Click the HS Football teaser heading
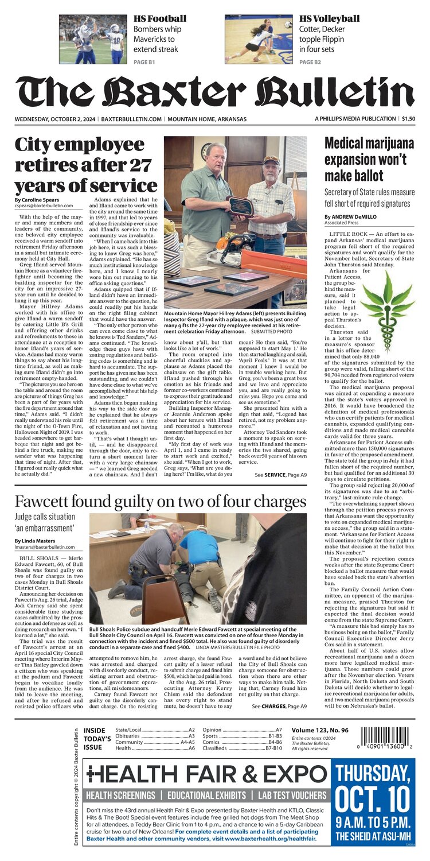click(x=159, y=19)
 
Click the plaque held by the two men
click(x=241, y=206)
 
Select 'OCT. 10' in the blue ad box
click(x=375, y=800)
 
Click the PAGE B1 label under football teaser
click(x=144, y=61)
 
